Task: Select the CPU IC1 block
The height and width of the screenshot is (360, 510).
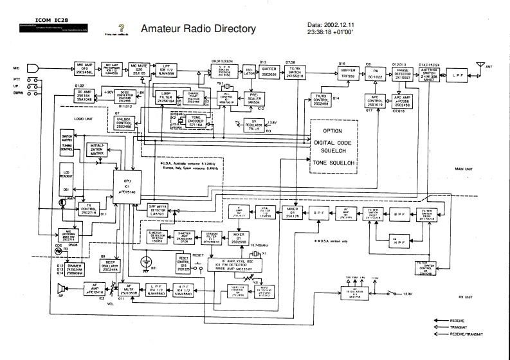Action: point(127,186)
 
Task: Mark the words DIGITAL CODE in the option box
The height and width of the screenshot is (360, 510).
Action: point(333,142)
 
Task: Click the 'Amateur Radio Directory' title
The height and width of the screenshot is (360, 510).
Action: point(197,29)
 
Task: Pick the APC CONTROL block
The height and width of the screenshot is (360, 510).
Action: point(376,101)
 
